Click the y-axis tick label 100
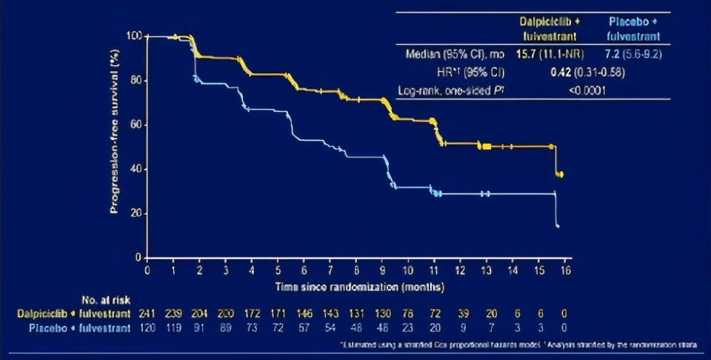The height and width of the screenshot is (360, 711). [x=133, y=36]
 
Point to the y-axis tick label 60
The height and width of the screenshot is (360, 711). [x=136, y=124]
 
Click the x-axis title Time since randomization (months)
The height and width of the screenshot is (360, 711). [x=360, y=285]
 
